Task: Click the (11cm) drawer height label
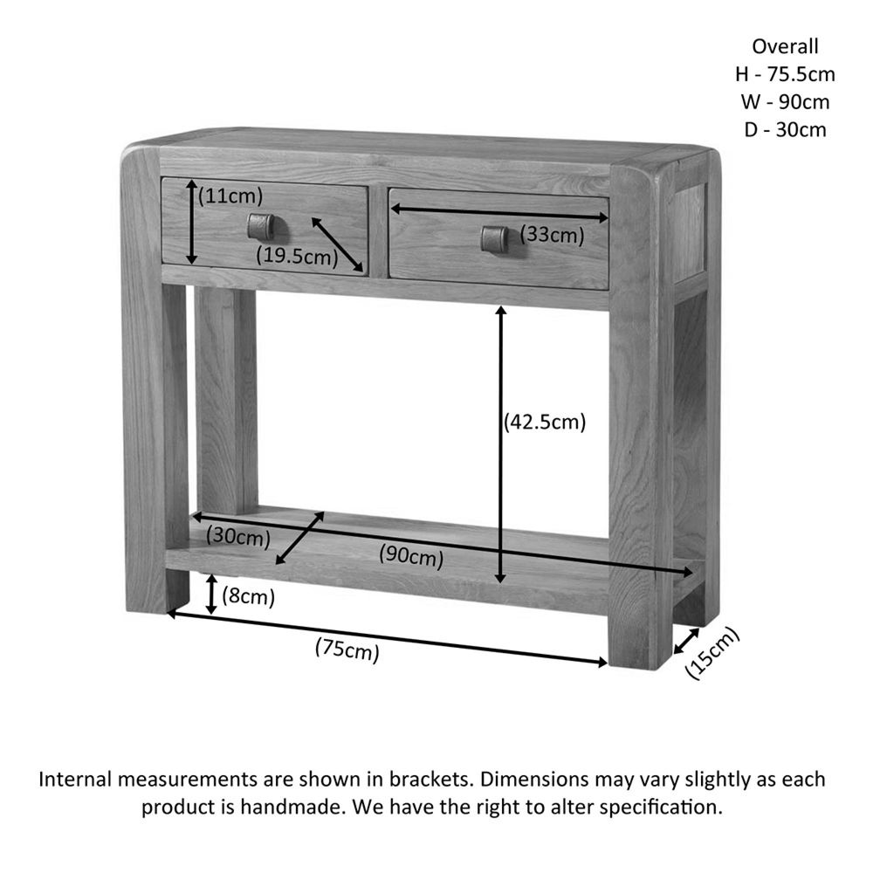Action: pos(230,196)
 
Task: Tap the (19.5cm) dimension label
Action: pos(297,256)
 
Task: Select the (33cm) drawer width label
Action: pos(553,234)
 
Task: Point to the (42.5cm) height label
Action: pos(545,422)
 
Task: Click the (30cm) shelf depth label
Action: pos(238,537)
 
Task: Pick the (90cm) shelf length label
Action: pos(411,554)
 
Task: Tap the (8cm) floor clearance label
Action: pos(249,597)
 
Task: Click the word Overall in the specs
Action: pos(786,46)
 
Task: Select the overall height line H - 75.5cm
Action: pos(786,74)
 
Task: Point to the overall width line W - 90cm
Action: pos(786,102)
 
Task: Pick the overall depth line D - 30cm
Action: pos(786,130)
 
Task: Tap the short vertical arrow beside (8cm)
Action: pos(210,595)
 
